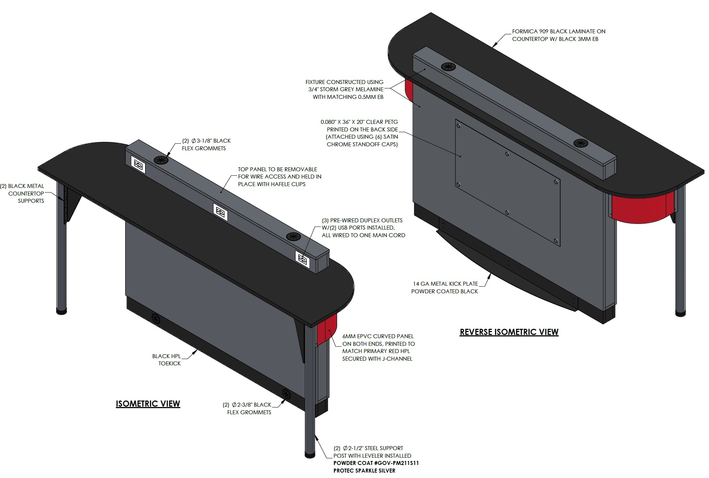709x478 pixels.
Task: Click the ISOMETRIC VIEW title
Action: click(x=148, y=403)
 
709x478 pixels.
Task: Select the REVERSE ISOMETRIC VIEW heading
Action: click(x=509, y=332)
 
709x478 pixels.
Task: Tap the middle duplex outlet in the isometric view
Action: click(x=220, y=212)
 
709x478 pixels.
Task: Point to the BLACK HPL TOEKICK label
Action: click(x=167, y=360)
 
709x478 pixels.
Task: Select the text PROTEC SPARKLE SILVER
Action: click(x=364, y=470)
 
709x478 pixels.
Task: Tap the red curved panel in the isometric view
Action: click(x=327, y=330)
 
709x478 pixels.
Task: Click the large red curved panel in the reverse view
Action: click(x=639, y=209)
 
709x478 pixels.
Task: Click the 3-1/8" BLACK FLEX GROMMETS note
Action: click(x=206, y=144)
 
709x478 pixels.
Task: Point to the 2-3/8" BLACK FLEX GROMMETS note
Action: click(x=249, y=408)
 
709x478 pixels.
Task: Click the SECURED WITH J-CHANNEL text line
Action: click(x=377, y=358)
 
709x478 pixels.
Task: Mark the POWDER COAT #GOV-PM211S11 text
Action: click(x=376, y=463)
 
